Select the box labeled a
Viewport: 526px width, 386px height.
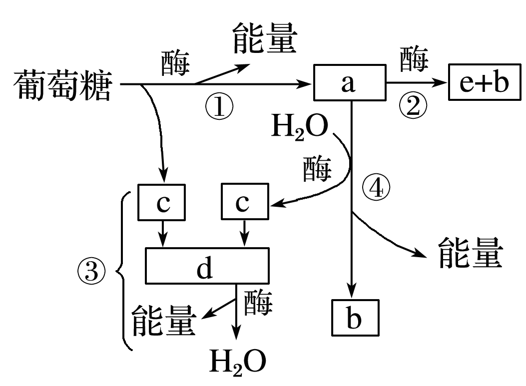click(x=349, y=83)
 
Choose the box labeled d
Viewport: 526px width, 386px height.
click(x=207, y=265)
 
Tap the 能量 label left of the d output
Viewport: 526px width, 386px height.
click(x=162, y=320)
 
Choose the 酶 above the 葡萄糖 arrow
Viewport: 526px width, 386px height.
click(x=176, y=64)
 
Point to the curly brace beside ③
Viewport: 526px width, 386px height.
click(x=122, y=270)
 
